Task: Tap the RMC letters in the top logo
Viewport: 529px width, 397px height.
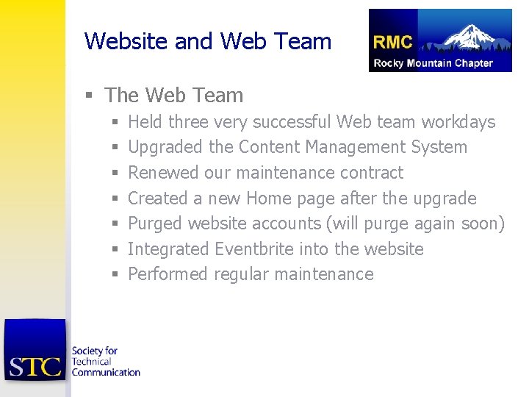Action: click(392, 43)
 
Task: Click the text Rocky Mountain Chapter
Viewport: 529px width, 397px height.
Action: click(433, 62)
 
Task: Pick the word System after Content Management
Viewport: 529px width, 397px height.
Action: click(439, 147)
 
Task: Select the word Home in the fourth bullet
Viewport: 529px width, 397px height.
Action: click(269, 198)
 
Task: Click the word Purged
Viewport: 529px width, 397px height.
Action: click(155, 223)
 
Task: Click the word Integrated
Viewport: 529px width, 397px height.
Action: click(168, 249)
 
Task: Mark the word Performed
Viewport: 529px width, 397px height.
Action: click(168, 274)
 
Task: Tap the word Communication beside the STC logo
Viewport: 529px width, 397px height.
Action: click(106, 372)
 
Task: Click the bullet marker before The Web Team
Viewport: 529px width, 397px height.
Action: click(89, 96)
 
